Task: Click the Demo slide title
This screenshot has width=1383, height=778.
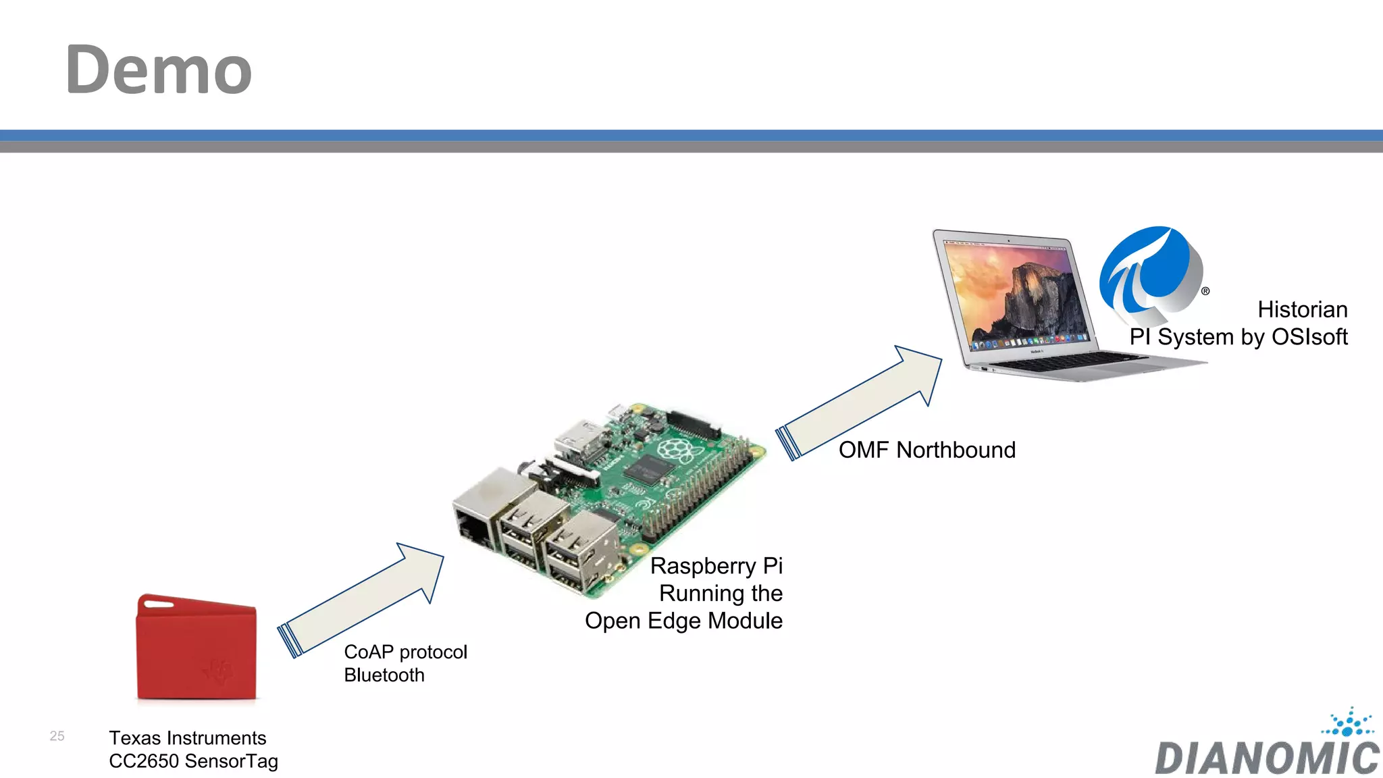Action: click(159, 70)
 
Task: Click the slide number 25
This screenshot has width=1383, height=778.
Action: click(57, 736)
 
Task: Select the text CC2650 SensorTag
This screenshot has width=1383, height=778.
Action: click(193, 761)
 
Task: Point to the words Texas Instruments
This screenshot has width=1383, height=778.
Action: click(188, 738)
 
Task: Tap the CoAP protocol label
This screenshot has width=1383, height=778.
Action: click(405, 652)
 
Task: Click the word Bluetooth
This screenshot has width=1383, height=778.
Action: click(384, 675)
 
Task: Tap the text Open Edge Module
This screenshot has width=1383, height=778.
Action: click(683, 621)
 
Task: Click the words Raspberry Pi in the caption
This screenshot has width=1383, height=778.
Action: click(716, 566)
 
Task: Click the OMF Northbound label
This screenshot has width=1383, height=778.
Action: click(927, 450)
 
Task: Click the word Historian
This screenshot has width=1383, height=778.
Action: click(1302, 309)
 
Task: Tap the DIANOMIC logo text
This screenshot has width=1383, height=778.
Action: click(1267, 758)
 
